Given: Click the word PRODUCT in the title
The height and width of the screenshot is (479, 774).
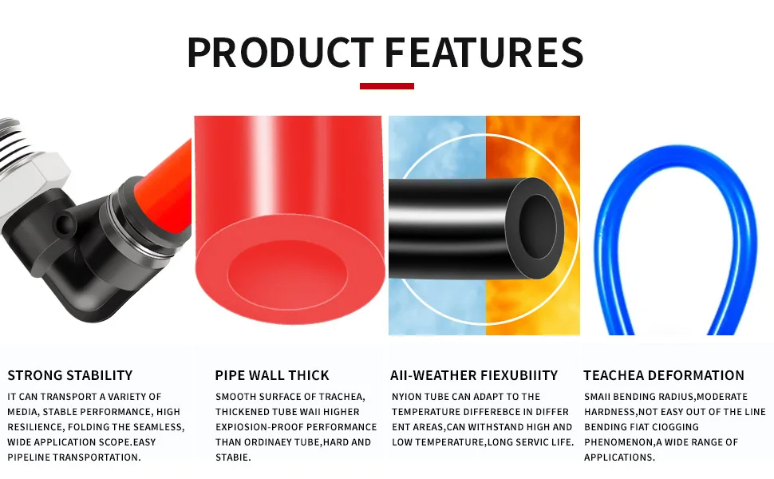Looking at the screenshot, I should click(278, 52).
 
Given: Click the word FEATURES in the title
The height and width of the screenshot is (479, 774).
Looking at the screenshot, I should click(484, 52).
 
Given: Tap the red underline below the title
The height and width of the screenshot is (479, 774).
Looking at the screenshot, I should click(386, 86).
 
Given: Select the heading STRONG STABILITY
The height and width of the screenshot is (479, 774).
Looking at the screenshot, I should click(70, 375).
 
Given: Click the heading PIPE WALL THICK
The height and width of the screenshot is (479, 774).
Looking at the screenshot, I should click(272, 375).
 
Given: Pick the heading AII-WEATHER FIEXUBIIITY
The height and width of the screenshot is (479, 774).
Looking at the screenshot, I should click(474, 375).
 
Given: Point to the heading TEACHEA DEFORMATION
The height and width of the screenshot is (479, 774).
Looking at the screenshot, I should click(664, 375).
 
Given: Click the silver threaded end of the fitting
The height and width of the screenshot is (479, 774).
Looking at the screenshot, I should click(28, 152).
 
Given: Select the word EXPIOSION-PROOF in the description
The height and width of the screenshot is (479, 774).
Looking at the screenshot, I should click(255, 427).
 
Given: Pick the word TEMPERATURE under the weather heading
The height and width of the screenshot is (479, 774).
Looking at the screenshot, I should click(429, 412).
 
